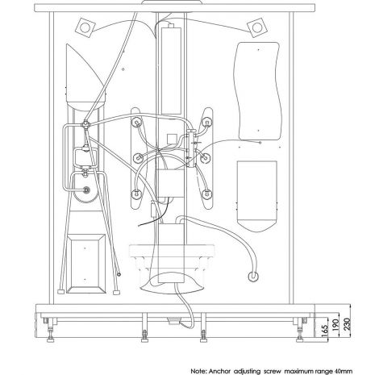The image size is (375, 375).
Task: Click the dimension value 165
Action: pos(325,330)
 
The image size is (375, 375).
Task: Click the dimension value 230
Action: pos(347,323)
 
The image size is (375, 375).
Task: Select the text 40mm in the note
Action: pos(343,371)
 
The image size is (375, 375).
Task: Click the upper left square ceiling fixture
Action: pos(85,27)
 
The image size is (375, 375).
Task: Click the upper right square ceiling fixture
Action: pos(257,27)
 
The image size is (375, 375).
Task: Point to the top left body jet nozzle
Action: pos(137,123)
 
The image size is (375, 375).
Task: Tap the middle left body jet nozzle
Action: pos(139,158)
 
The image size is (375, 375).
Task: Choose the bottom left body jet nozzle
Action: pos(137,194)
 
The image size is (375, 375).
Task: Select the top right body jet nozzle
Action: pos(207,123)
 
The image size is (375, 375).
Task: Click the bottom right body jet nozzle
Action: pos(206,194)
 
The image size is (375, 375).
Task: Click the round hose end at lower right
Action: pos(253,276)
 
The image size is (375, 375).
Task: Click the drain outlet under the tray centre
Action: pos(174,321)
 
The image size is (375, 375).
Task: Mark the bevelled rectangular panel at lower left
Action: pos(86,264)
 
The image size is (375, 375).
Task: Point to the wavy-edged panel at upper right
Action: pos(258,91)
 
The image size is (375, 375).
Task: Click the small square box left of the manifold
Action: pos(172,139)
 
